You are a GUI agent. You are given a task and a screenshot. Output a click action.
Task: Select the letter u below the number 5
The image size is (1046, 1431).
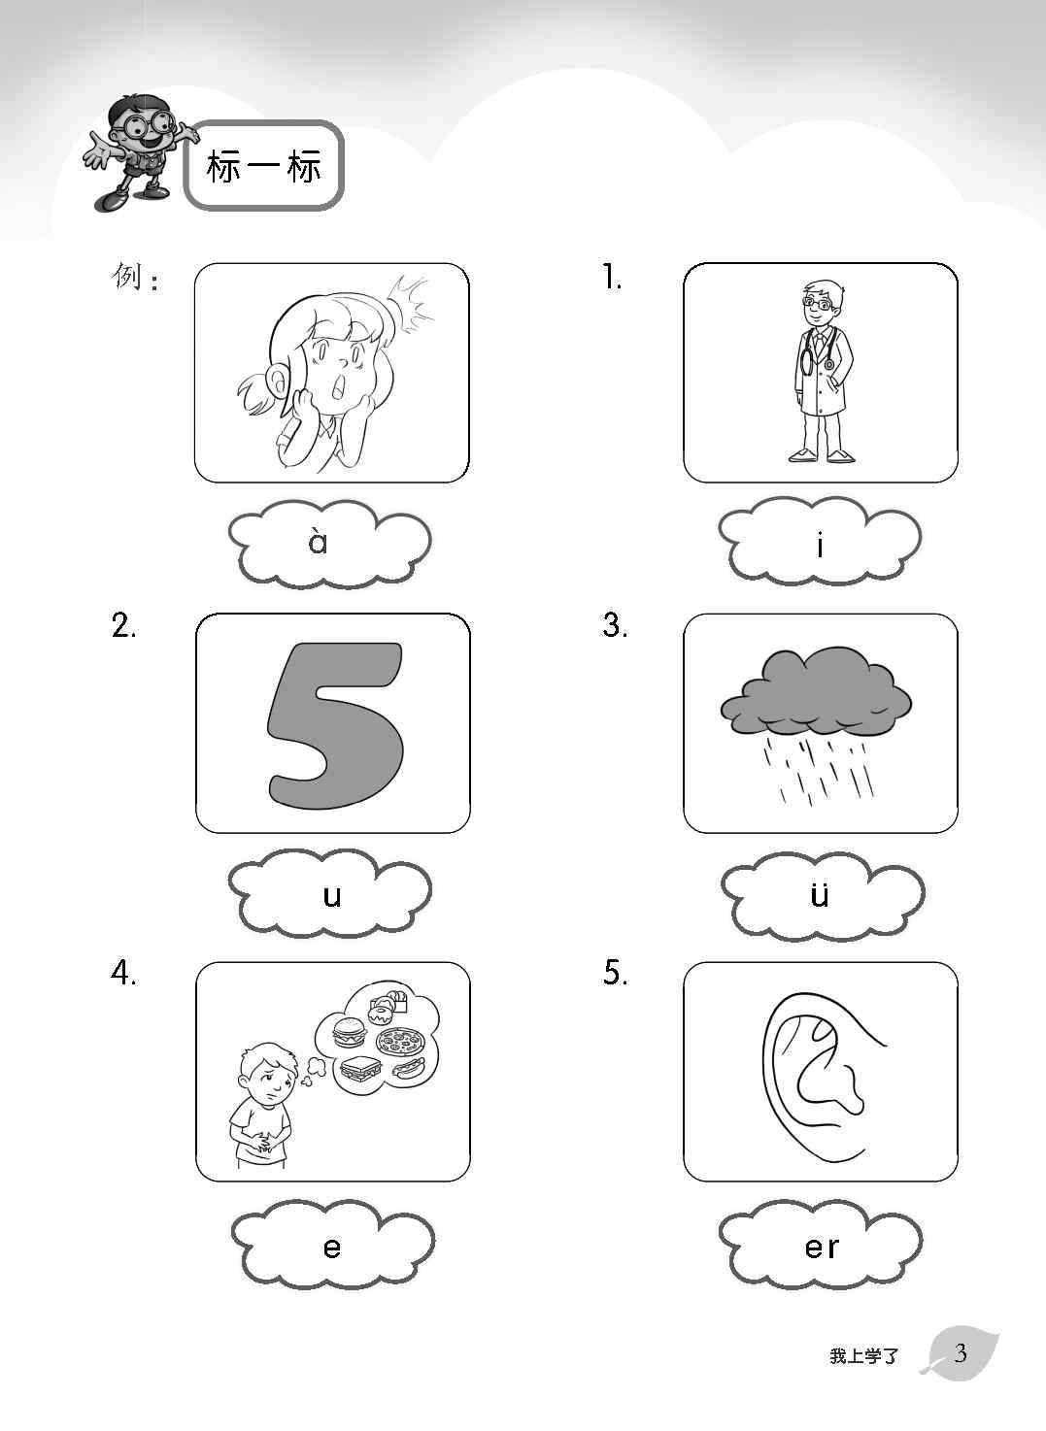point(331,896)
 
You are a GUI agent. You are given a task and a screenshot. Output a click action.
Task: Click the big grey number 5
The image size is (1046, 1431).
point(335,723)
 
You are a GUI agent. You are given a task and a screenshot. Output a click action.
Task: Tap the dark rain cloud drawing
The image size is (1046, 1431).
point(816,690)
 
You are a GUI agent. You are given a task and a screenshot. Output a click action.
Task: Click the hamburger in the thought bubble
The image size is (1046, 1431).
point(348,1032)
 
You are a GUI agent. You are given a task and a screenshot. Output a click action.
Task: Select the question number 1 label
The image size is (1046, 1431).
point(612,278)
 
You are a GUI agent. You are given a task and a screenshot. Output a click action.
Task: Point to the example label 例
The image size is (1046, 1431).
point(127,277)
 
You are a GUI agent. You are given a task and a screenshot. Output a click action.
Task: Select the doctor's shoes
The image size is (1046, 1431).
point(822,455)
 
